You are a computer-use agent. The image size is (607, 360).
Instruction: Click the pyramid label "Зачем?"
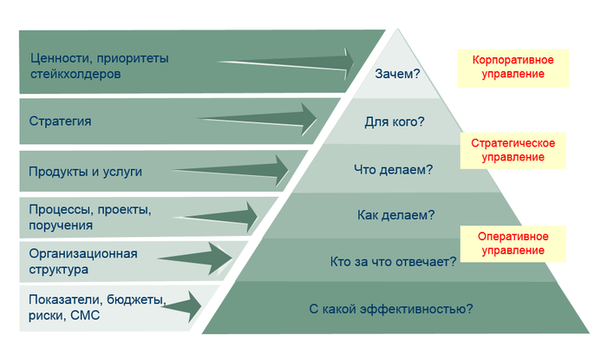(397, 75)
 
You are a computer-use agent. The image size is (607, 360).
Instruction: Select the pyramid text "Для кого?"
(395, 121)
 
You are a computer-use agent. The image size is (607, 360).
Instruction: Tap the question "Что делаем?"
(394, 169)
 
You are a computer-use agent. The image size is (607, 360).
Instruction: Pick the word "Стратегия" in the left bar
(60, 121)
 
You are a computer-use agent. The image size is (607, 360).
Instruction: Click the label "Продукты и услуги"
(85, 171)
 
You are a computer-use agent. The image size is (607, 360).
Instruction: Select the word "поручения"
(60, 226)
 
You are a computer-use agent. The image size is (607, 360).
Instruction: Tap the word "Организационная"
(83, 254)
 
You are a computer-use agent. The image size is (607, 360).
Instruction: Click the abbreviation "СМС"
(86, 316)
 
